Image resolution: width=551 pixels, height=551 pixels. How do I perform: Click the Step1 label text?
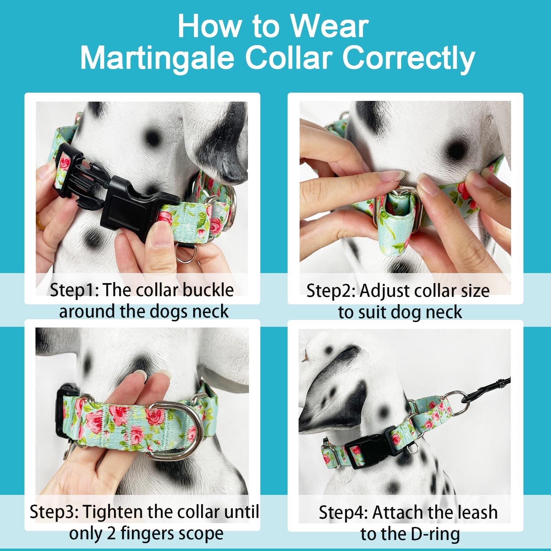[x=74, y=290]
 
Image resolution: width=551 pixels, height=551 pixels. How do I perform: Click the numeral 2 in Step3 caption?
[x=111, y=534]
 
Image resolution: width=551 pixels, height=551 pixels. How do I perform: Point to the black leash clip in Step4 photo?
[x=482, y=389]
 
